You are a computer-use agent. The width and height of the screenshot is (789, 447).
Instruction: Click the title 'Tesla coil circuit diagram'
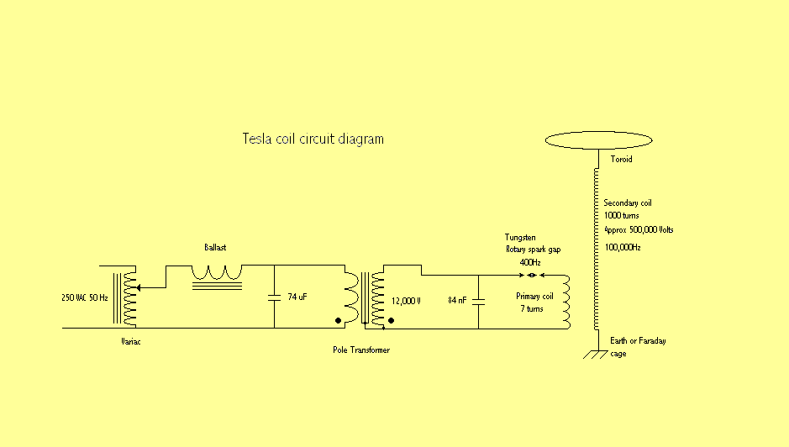pyautogui.click(x=313, y=139)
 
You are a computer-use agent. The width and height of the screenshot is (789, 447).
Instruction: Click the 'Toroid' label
pyautogui.click(x=621, y=159)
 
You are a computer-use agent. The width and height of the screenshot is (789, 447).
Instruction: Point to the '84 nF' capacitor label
pyautogui.click(x=458, y=299)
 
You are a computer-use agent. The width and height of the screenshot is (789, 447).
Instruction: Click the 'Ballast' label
pyautogui.click(x=216, y=248)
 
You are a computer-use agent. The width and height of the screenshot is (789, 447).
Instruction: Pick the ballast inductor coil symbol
pyautogui.click(x=217, y=272)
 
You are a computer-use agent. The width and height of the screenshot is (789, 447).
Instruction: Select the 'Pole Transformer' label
pyautogui.click(x=361, y=350)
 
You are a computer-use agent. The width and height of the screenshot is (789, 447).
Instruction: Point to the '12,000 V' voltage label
pyautogui.click(x=406, y=300)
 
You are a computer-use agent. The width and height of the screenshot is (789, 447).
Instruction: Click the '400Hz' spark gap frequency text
pyautogui.click(x=530, y=262)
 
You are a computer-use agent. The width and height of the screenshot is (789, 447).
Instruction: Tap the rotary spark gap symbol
pyautogui.click(x=532, y=275)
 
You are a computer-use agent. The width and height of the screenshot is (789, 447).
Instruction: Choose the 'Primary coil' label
pyautogui.click(x=534, y=297)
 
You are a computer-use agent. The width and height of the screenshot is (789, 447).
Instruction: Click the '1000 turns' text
pyautogui.click(x=622, y=216)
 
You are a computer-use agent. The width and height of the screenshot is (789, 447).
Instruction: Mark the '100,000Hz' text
pyautogui.click(x=623, y=248)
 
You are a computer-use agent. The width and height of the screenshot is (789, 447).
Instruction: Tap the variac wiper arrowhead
pyautogui.click(x=139, y=287)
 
